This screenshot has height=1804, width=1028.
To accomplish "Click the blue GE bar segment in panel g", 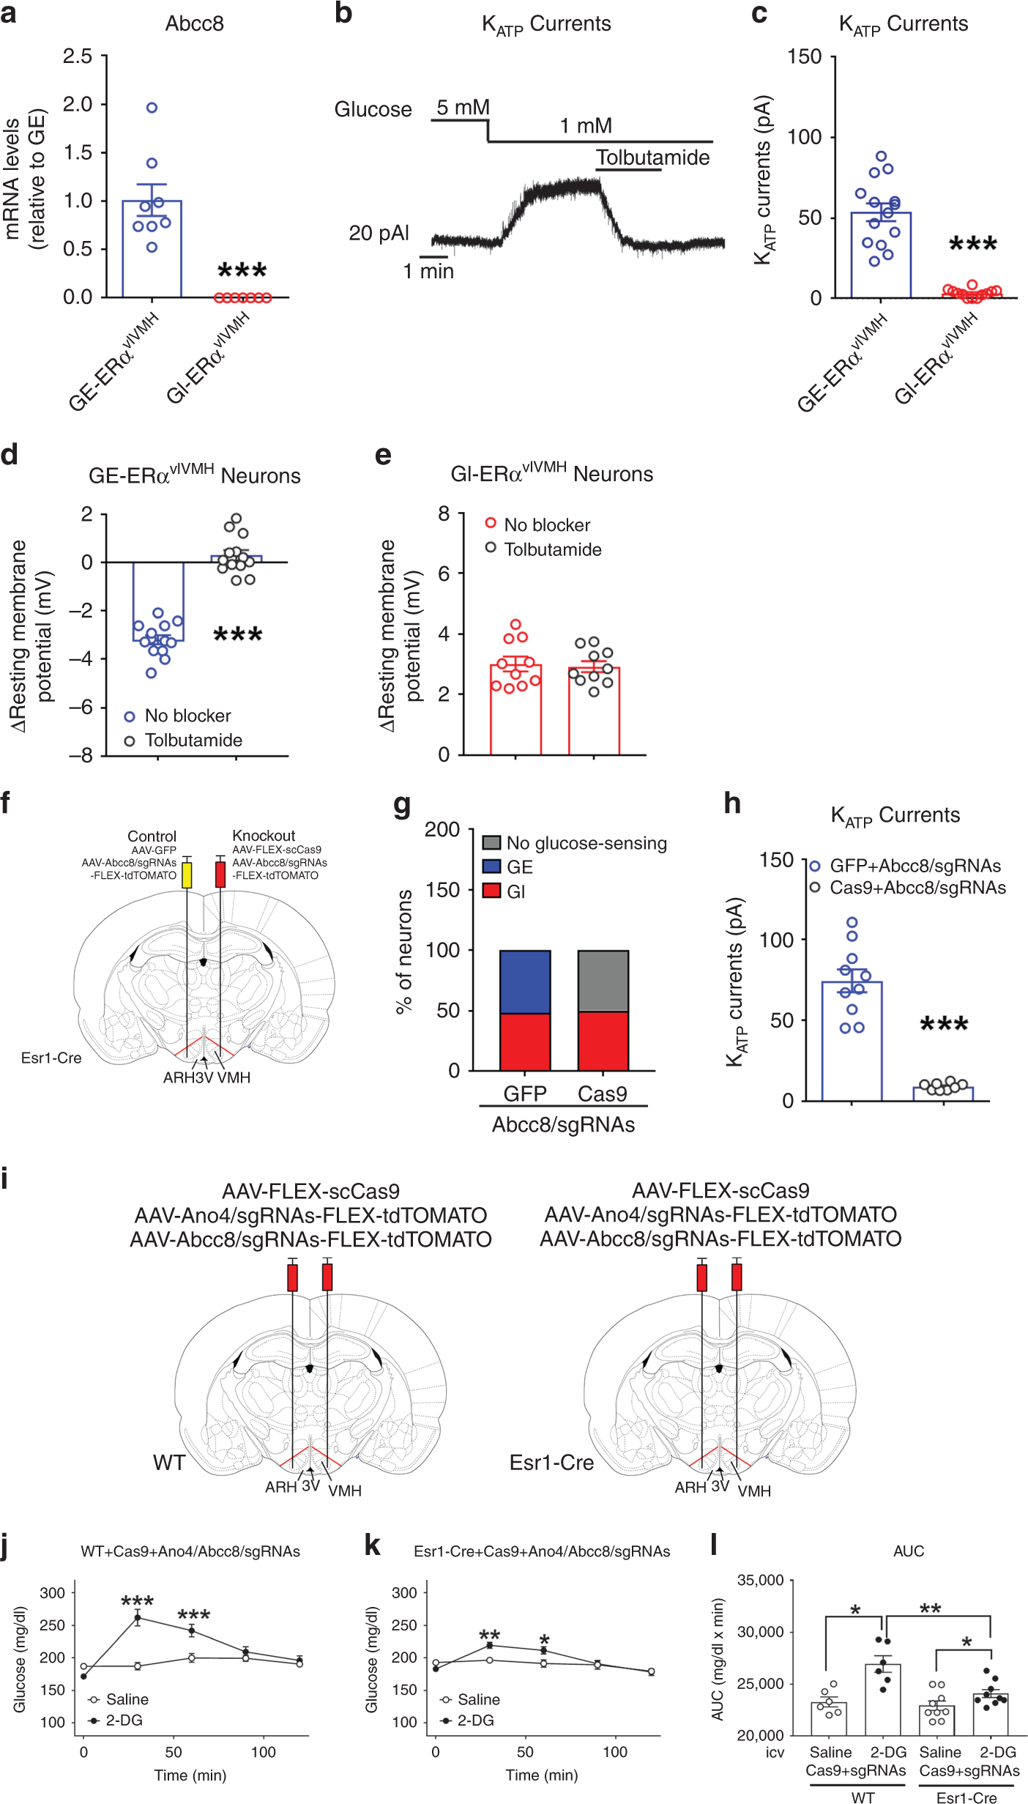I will point(524,981).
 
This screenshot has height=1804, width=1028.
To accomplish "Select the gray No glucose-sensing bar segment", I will point(603,981).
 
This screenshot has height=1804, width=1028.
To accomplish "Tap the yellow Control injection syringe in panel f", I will point(187,875).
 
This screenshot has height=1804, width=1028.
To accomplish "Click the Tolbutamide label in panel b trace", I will point(652,157).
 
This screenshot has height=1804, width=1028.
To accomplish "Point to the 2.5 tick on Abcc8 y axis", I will point(78,56).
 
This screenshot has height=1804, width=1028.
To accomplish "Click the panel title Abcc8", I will point(194,23).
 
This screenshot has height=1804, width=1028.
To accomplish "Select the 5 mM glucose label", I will point(463,108).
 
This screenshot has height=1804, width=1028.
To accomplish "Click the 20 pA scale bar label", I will point(378,233).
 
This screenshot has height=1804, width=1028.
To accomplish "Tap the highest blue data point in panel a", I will point(152,108).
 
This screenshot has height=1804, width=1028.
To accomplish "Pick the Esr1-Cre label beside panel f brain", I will point(51,1058).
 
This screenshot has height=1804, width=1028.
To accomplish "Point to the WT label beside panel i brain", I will point(168,1463).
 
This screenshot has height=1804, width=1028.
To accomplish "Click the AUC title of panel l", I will point(908,1551).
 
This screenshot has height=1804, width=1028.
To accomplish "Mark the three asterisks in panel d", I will point(237,635).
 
